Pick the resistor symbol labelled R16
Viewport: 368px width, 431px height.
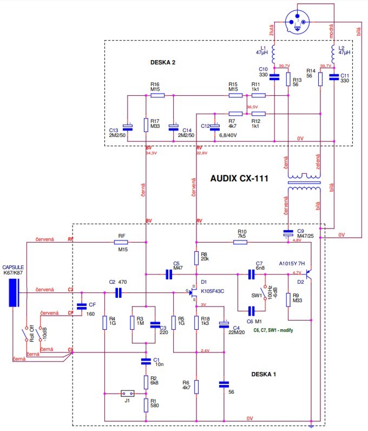pos(157,95)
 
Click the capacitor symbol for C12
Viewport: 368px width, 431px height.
pos(215,126)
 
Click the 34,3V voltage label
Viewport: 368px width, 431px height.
pos(150,153)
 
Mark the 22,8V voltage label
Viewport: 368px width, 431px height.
pos(201,153)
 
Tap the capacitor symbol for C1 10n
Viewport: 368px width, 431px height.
pos(146,361)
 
